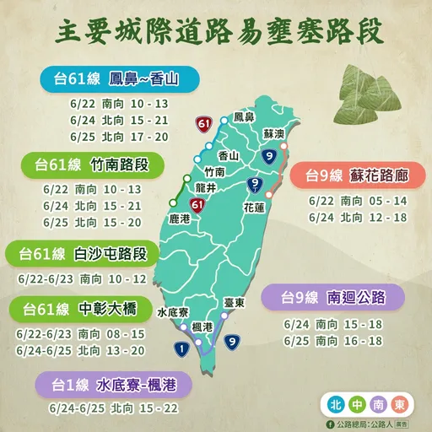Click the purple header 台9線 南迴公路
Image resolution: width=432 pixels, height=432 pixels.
[330, 297]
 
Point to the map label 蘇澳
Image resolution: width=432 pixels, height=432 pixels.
[274, 134]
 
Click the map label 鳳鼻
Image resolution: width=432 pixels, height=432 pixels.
[244, 117]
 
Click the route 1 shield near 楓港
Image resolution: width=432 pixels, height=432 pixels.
[182, 347]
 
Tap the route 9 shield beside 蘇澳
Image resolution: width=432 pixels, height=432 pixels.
[268, 156]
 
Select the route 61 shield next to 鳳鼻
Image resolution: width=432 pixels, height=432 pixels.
[202, 125]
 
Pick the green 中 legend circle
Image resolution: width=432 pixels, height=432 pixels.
[356, 401]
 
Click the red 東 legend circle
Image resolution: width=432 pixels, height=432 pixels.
[408, 401]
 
